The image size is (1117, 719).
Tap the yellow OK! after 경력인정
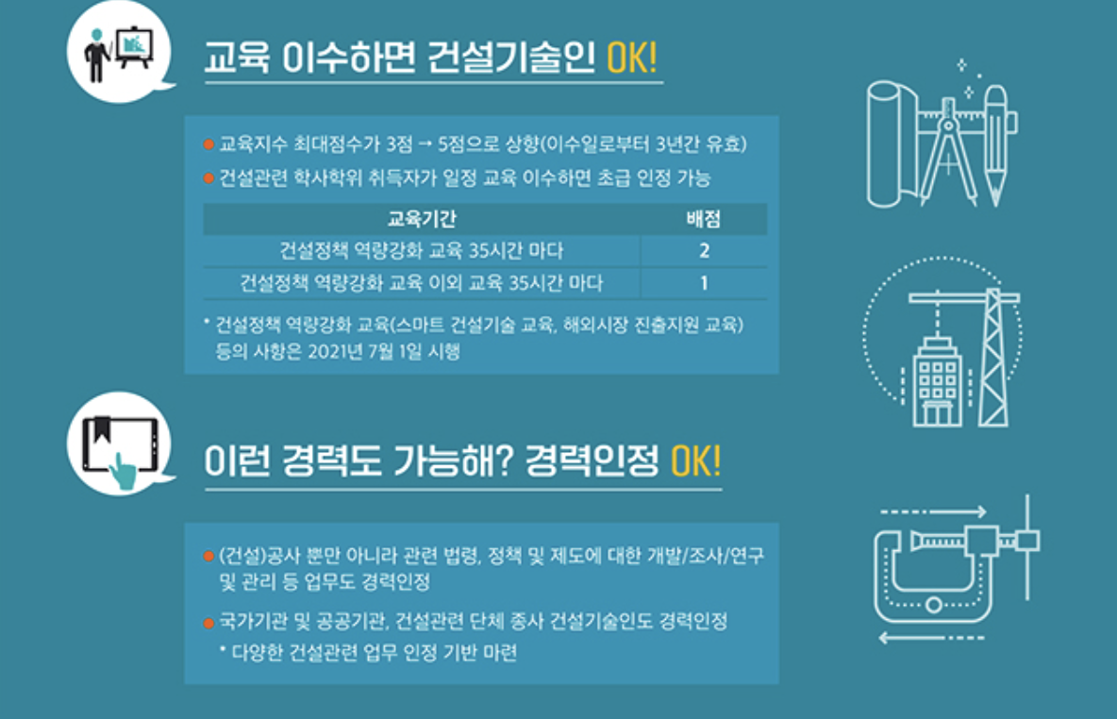695,461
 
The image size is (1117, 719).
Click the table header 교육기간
422,220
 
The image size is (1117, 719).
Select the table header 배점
704,220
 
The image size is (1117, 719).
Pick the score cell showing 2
704,252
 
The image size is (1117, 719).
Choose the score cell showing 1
704,283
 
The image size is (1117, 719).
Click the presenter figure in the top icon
98,55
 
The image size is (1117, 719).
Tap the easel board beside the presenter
135,47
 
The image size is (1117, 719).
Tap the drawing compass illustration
947,151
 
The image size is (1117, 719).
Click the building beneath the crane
938,382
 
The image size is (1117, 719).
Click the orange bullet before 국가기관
208,623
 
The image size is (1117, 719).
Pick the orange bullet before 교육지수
208,145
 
